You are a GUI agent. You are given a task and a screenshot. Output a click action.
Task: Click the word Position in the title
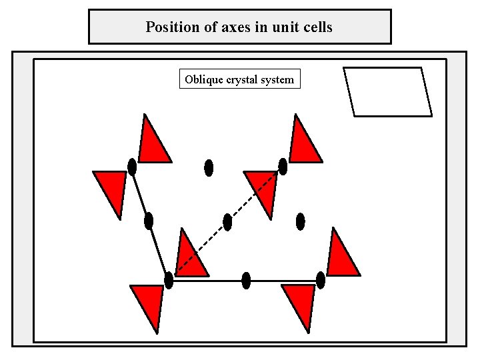(170, 27)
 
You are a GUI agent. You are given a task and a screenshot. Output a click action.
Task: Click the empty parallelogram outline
(387, 92)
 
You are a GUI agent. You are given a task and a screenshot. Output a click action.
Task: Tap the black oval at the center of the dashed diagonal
(227, 222)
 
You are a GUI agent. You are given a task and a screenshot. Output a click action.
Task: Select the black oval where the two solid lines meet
(169, 281)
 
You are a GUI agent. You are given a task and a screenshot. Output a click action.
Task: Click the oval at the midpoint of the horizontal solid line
(246, 281)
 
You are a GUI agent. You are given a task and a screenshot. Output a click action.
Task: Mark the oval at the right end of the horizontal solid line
(321, 281)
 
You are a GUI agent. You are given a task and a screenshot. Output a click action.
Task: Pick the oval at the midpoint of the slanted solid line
(149, 221)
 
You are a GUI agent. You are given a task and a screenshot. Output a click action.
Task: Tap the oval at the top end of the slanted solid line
(132, 167)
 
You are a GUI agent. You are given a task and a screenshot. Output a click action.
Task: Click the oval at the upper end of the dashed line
(283, 167)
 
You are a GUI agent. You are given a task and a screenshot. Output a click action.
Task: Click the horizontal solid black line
(280, 281)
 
